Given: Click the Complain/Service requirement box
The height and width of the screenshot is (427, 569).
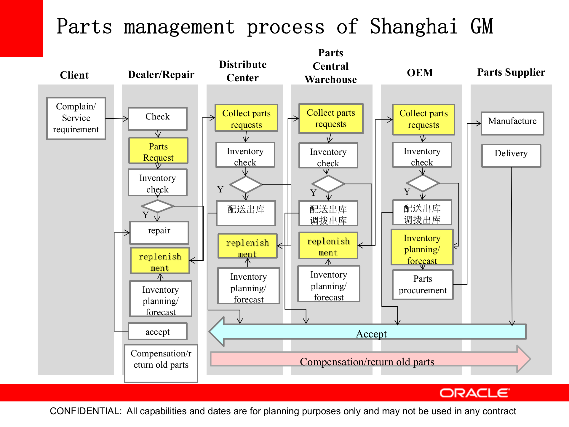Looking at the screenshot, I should (x=76, y=118).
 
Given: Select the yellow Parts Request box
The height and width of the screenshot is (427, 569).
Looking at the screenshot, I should (x=158, y=151).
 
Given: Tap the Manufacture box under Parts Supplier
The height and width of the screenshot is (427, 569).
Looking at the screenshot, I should (x=512, y=123).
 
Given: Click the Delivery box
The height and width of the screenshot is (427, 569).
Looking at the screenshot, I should (x=511, y=155).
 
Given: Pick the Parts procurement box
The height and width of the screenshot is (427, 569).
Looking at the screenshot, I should (x=423, y=284).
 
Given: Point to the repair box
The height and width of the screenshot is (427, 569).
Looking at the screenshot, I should (x=159, y=232).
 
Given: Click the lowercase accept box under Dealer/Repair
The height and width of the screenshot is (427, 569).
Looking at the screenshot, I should (x=157, y=331).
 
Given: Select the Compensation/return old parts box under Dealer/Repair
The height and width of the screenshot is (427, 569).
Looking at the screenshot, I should (x=161, y=363).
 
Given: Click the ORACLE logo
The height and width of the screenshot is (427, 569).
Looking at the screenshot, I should (x=474, y=393).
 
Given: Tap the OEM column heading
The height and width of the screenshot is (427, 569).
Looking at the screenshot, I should (x=420, y=73).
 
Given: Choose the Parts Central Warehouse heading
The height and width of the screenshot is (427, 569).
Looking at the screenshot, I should (x=331, y=66).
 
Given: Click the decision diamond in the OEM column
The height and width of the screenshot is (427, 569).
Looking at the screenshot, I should (x=423, y=183).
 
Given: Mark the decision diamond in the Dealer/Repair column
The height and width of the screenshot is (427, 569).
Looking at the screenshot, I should (x=157, y=206).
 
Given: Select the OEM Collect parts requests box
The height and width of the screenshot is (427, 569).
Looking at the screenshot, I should (x=423, y=119).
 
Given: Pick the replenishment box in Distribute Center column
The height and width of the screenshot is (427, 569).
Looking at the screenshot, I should (x=247, y=246).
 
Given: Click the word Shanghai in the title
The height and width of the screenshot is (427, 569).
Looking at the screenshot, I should (x=414, y=27).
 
